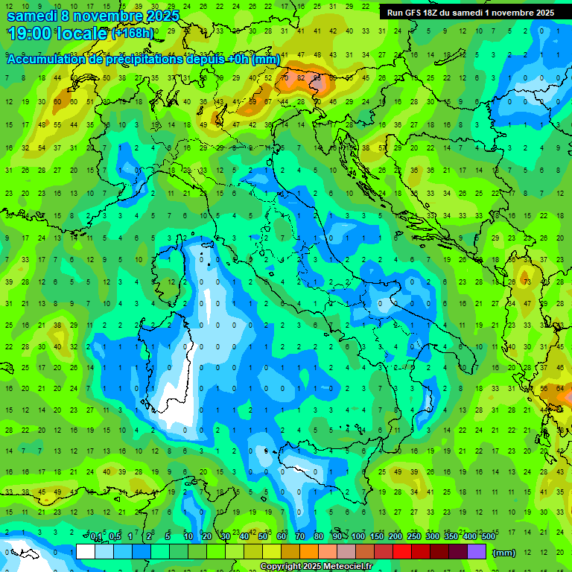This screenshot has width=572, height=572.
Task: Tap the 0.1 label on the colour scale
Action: click(96, 537)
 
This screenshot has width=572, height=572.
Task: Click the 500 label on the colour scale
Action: click(488, 537)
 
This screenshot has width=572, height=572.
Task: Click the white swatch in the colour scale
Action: click(86, 551)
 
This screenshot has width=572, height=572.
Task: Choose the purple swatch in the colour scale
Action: click(477, 551)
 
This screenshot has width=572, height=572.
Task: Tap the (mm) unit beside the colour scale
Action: click(504, 552)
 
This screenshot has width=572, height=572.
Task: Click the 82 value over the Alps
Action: click(301, 77)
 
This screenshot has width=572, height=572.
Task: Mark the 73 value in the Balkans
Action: click(526, 282)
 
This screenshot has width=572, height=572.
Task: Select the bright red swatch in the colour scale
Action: click(402, 551)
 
